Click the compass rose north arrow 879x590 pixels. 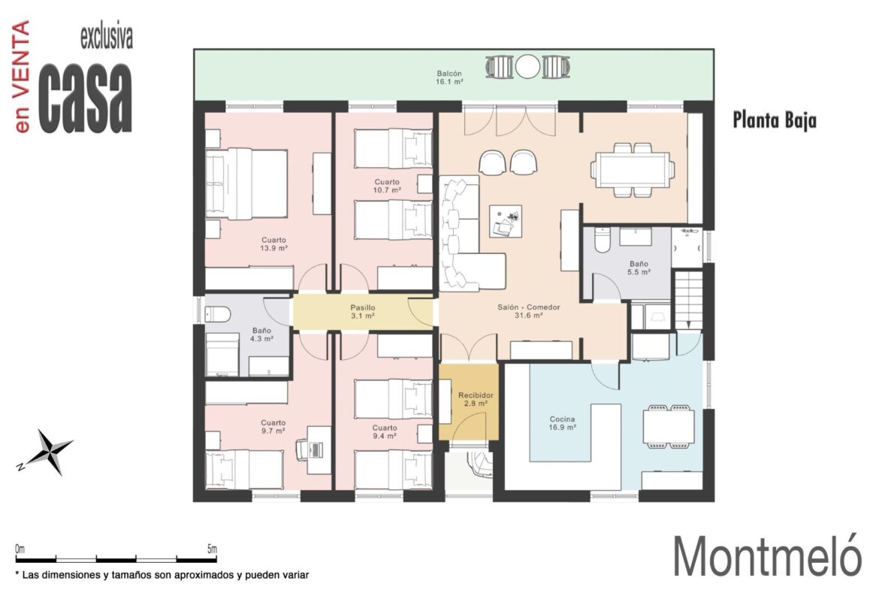(46, 452)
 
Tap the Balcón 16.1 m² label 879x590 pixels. (449, 77)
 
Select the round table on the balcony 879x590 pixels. (527, 67)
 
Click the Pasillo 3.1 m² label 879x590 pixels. (363, 312)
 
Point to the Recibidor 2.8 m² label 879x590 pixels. (476, 399)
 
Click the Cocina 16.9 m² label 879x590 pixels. (562, 423)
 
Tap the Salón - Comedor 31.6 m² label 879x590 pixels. (529, 311)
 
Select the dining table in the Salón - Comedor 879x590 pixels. (633, 169)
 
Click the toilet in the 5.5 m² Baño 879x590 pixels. (602, 240)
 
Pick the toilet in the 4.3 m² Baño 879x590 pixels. (218, 315)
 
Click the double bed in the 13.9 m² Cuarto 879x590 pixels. (246, 183)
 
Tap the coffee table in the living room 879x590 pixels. (506, 221)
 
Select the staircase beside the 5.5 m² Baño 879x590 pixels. (688, 299)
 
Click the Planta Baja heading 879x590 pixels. (775, 120)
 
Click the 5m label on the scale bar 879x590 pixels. (212, 549)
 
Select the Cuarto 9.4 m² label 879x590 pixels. (385, 431)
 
